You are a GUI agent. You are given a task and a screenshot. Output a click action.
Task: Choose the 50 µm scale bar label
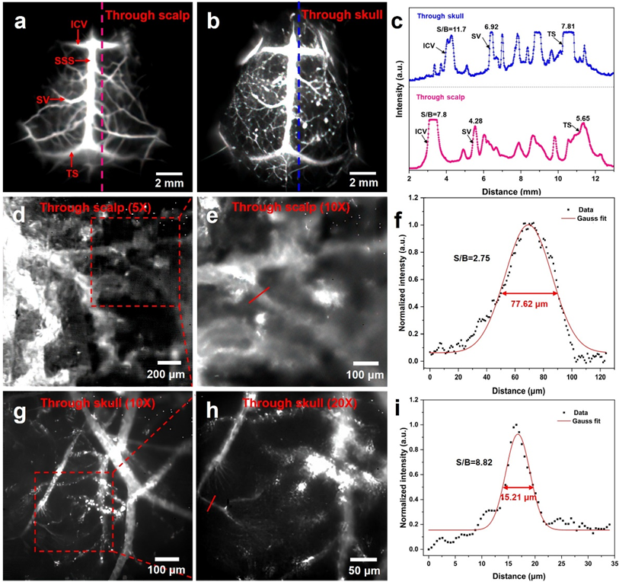click(365, 569)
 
